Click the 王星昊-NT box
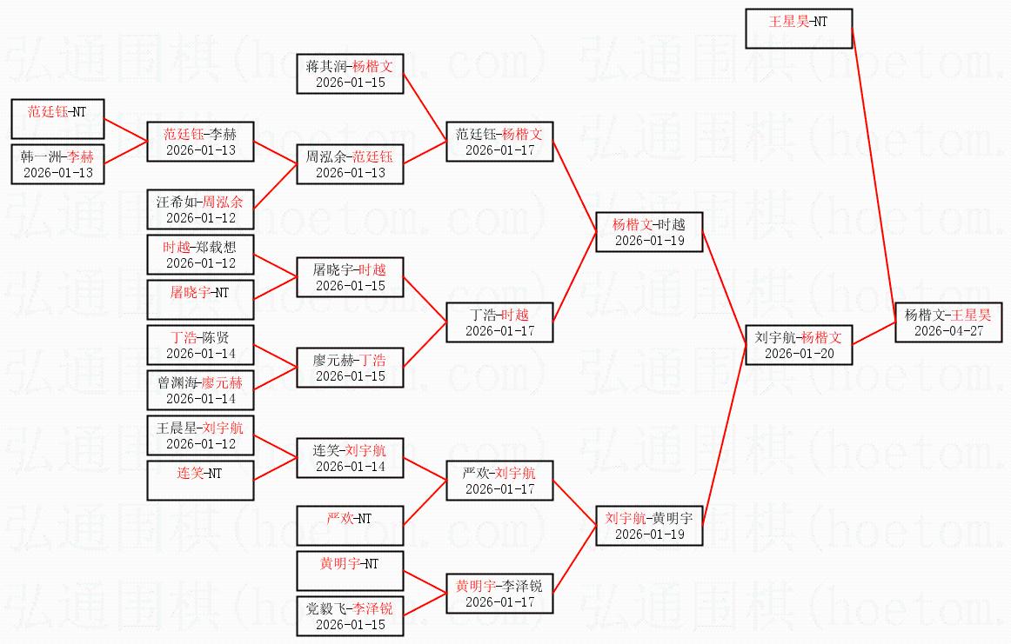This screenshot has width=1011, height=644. pos(799,29)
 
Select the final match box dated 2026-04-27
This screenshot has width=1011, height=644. pos(948,322)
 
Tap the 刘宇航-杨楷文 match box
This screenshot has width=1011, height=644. pos(799,344)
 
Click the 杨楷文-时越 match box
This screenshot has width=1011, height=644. pos(649,232)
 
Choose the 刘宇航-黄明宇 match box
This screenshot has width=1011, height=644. pos(649,526)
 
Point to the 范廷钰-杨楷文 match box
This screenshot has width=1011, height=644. pos(499,142)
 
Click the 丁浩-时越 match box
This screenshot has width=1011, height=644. pos(499,322)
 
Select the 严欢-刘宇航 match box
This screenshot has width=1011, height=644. pos(499,481)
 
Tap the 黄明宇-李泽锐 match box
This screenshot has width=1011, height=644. pos(499,593)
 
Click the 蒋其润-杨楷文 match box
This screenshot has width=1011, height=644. pos(350,73)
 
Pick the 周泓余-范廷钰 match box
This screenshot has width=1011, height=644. pos(350,164)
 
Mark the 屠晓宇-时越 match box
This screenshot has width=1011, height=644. pos(350,277)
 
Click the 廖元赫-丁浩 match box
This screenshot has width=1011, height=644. pos(350,367)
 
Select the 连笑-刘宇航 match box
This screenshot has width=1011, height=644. pos(350,458)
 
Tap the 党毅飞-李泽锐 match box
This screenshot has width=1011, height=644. pos(350,615)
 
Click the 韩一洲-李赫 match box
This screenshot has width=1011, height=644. pos(57,164)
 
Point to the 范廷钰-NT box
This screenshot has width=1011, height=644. pos(57,118)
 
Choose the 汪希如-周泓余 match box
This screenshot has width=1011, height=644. pos(200,209)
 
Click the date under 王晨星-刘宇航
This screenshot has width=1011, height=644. pos(200,444)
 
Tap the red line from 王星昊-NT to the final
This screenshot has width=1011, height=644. pos(874,176)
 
